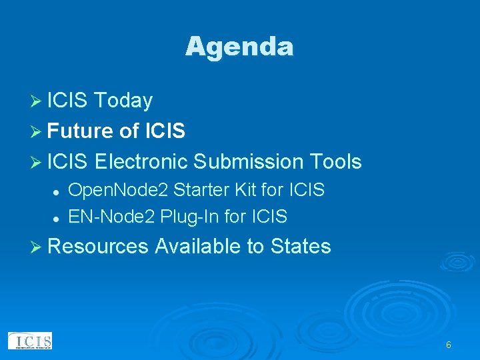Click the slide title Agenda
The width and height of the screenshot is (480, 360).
tap(239, 47)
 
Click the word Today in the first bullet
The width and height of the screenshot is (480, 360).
tap(123, 101)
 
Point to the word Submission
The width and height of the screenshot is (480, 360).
tap(247, 161)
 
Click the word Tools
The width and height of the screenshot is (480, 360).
tap(335, 161)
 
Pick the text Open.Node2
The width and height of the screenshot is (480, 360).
tap(118, 191)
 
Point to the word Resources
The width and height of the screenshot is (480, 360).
tap(98, 247)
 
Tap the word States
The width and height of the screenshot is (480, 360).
tap(301, 247)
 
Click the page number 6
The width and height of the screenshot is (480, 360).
tap(449, 345)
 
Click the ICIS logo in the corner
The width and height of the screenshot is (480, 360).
tap(30, 341)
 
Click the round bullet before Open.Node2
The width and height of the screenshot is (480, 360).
tap(57, 192)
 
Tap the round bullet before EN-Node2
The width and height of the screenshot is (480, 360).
tap(57, 218)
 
